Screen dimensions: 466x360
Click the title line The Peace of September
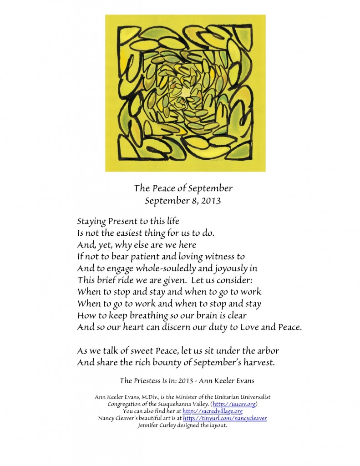183,188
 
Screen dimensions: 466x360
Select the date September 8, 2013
183,200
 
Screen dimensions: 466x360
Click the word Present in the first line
125,222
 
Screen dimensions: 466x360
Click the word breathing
147,315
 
